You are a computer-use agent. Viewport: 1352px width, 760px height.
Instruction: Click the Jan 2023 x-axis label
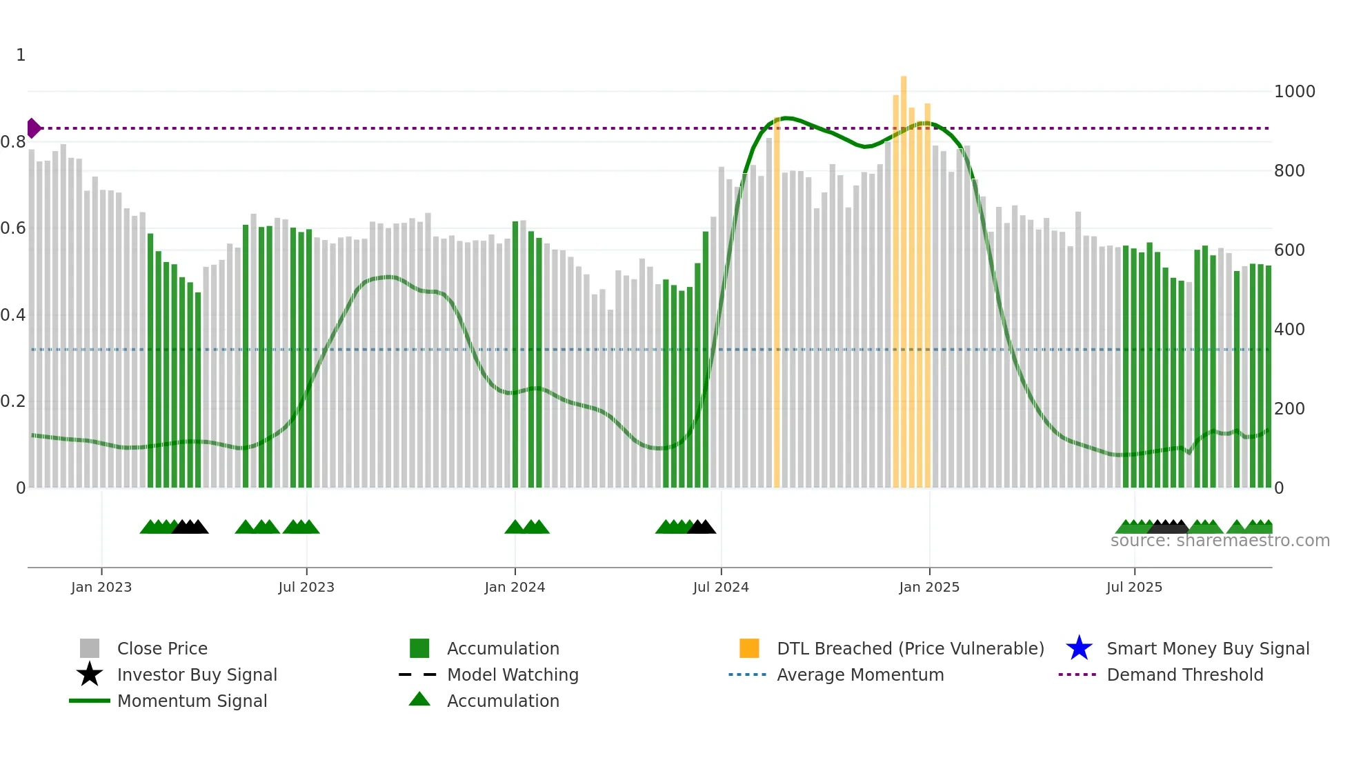[101, 587]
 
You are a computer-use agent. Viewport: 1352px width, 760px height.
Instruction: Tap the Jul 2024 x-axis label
[721, 587]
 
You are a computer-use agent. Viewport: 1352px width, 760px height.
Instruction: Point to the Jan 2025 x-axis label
[929, 587]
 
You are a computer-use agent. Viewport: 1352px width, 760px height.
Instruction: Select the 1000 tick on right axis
[1294, 92]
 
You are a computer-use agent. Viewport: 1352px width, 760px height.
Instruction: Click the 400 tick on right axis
[1289, 330]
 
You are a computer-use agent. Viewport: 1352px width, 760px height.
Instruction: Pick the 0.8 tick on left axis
[13, 142]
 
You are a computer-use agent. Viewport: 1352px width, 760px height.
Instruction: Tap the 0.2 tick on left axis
[13, 401]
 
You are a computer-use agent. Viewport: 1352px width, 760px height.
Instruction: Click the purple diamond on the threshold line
[33, 128]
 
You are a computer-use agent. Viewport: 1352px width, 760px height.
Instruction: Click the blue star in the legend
[1079, 648]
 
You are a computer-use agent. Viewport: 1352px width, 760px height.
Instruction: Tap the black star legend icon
[90, 674]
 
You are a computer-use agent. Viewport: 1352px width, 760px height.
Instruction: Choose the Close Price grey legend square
[90, 648]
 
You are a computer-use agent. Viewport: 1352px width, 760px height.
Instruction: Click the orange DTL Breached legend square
[749, 648]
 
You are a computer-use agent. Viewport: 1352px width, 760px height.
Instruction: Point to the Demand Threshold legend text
[1184, 674]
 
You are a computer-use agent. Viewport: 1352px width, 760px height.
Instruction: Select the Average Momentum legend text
[860, 674]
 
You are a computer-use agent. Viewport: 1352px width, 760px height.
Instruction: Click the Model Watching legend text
[513, 674]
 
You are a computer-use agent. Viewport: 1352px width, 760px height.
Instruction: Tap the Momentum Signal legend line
[90, 701]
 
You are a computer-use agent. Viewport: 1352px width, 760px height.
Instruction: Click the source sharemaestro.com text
[1220, 541]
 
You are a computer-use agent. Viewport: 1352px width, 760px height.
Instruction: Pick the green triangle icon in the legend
[419, 699]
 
